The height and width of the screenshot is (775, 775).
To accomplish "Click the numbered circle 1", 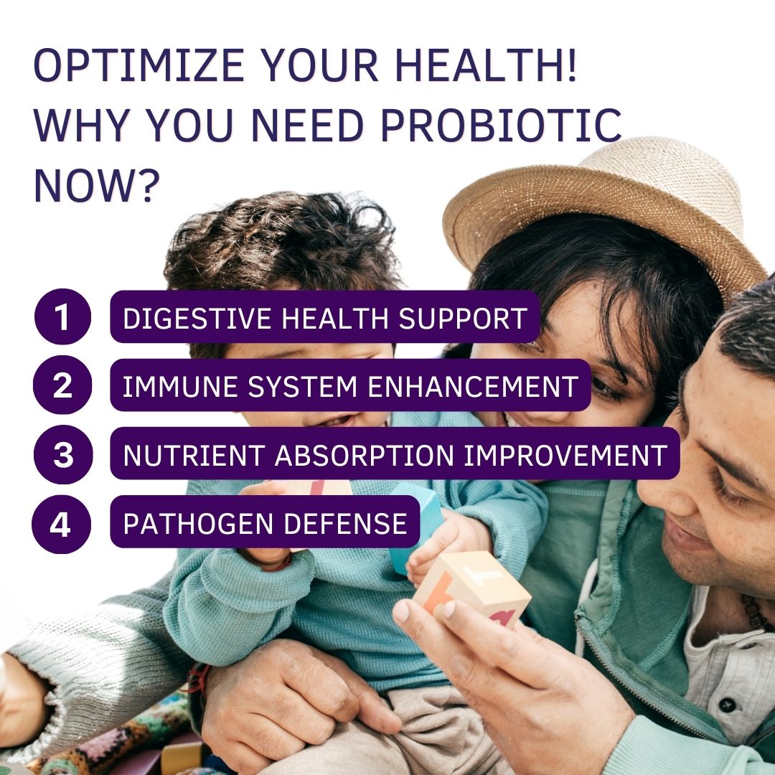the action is pos(62,316).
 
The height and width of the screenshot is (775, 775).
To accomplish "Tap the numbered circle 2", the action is pos(62,385).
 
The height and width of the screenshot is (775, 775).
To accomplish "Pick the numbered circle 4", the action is pos(61,524).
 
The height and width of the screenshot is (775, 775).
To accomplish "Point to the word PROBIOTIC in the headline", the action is pos(501,125).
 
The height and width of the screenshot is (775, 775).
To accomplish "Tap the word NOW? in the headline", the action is pos(96,185).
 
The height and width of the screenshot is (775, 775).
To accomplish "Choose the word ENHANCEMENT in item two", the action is pos(472,387).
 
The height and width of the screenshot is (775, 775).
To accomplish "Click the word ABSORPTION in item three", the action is pos(365,455).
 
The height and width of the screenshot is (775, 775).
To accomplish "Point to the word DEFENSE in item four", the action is pos(345,523).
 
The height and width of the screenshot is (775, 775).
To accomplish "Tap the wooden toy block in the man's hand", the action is pos(472,588).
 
